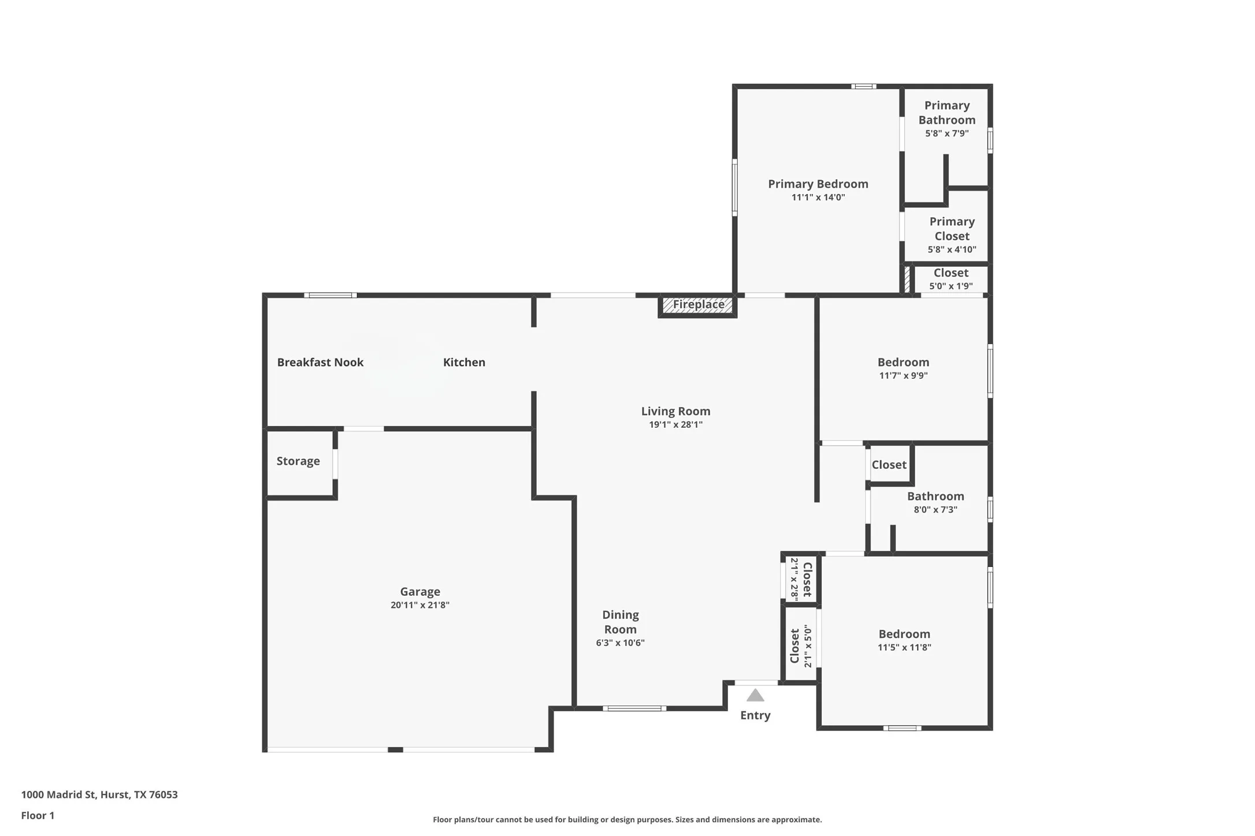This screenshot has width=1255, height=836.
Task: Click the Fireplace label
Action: pos(698,304)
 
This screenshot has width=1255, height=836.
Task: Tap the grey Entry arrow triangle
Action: pos(755,695)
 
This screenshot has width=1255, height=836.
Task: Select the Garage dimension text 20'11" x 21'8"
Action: pos(419,605)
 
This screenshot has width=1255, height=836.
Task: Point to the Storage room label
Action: pos(298,461)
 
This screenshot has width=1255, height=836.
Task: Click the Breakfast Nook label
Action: pos(320,362)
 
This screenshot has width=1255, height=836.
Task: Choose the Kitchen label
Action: pos(464,362)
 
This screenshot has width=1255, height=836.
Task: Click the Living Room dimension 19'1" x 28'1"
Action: pos(675,424)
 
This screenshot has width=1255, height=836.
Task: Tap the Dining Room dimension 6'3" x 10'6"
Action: pos(620,643)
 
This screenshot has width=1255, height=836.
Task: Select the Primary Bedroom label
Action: pos(818,184)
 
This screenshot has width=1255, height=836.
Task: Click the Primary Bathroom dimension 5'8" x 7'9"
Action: pos(946,133)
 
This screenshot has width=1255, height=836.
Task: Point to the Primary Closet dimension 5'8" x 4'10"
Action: pos(952,249)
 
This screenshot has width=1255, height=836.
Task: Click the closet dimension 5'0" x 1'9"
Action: pos(950,286)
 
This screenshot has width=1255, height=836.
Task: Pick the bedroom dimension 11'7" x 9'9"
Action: pos(903,375)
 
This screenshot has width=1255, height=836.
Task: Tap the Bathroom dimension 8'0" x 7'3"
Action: pos(935,509)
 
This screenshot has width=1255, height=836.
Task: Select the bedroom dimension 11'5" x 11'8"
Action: pos(904,647)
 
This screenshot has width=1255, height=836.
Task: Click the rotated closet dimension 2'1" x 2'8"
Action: pos(794,579)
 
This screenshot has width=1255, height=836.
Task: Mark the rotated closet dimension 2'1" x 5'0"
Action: pos(808,647)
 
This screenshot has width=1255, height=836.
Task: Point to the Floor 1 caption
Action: pos(38,815)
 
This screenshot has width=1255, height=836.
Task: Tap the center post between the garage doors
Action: pos(395,749)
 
